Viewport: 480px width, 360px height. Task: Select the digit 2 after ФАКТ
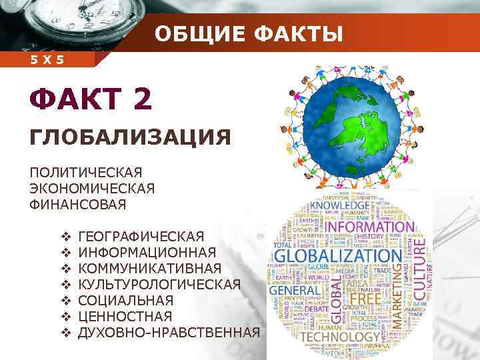click(142, 101)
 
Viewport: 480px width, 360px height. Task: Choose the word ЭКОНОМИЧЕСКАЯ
click(92, 189)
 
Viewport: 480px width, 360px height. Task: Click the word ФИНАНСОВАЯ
click(77, 204)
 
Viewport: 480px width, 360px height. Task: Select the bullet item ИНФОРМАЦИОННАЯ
click(147, 252)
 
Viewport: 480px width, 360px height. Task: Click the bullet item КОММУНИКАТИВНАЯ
click(149, 268)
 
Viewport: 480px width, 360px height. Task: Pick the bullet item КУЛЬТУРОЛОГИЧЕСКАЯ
click(159, 284)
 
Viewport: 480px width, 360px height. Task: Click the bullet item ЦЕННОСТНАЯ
click(125, 316)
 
